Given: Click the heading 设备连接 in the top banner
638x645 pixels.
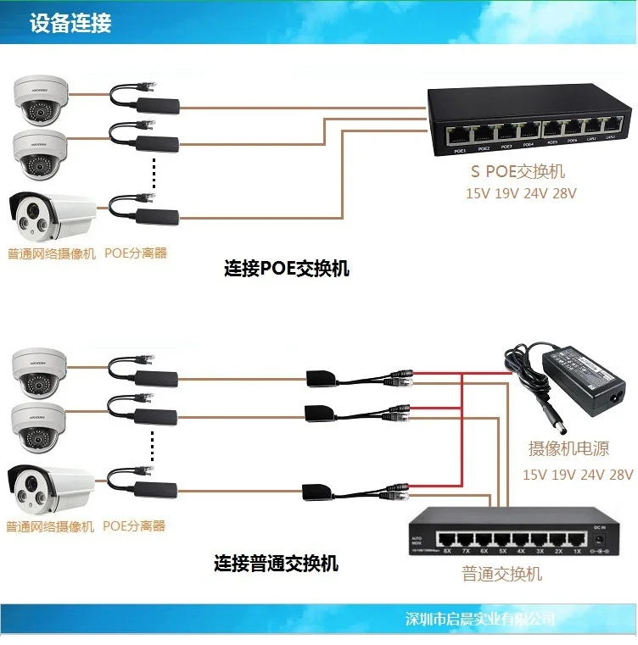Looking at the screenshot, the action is click(x=70, y=23).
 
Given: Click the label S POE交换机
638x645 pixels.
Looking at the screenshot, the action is click(x=518, y=172).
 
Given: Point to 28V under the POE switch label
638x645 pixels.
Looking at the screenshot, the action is click(x=563, y=193).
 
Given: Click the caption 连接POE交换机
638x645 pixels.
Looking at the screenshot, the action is click(x=287, y=270).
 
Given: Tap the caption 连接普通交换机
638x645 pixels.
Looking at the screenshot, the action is click(x=276, y=563).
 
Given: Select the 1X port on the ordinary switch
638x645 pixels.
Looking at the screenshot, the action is click(x=576, y=538).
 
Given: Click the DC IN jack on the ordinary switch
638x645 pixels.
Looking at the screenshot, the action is click(x=600, y=539).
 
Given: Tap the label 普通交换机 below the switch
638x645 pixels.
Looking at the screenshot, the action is click(x=501, y=574).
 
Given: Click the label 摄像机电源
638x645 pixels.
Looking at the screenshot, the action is click(x=568, y=448).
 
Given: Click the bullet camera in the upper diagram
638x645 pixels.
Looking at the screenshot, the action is click(x=51, y=216).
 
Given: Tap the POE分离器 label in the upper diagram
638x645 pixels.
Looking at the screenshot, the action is click(x=136, y=253).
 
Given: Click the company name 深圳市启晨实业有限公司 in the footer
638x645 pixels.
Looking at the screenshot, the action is click(x=480, y=620).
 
